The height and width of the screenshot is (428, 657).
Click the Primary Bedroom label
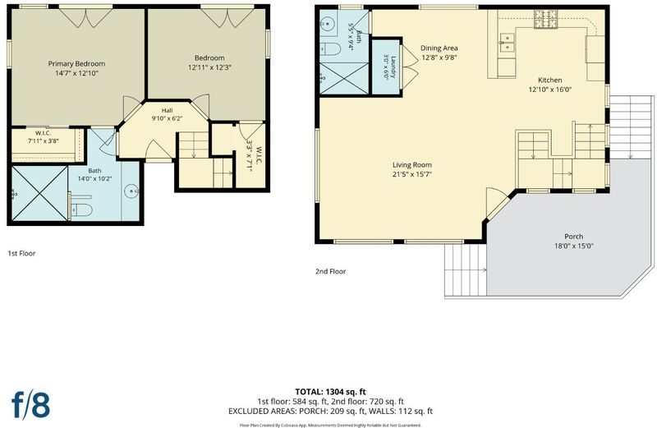click(76, 64)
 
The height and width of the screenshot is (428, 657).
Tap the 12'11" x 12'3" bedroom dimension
click(209, 67)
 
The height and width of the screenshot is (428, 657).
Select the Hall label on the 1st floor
click(167, 111)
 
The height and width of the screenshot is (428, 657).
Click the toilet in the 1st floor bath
click(80, 209)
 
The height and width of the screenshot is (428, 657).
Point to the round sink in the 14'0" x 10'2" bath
click(131, 191)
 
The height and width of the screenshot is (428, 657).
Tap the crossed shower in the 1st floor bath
click(39, 193)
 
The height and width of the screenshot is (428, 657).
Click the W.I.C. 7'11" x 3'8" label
click(44, 137)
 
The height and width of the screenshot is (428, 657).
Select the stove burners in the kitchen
click(545, 19)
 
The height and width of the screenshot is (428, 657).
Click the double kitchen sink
click(507, 42)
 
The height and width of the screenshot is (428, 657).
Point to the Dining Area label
click(439, 48)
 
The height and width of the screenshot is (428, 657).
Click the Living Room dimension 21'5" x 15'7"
click(412, 174)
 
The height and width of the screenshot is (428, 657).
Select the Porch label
click(573, 237)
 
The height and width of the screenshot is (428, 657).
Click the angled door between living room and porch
click(498, 205)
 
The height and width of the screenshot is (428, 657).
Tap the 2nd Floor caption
click(331, 272)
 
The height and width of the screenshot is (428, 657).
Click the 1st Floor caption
click(22, 253)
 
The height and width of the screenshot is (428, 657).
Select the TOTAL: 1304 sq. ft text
click(331, 392)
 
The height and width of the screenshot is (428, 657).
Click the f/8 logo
click(30, 404)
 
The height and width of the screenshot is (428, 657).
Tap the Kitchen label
click(549, 80)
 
